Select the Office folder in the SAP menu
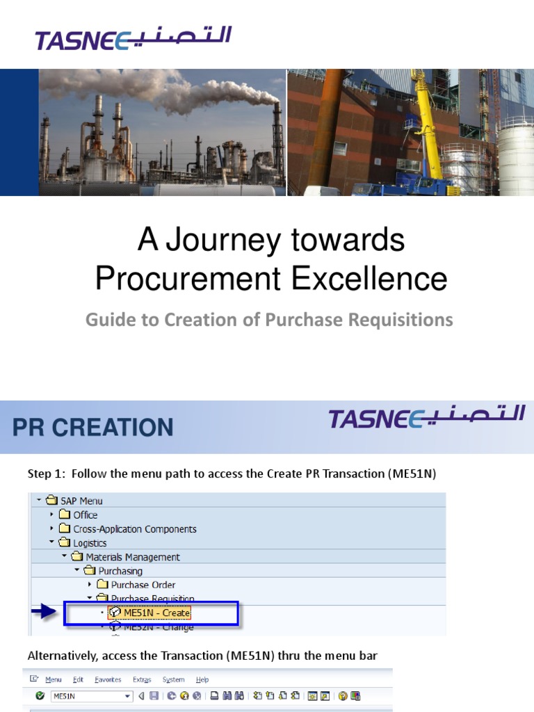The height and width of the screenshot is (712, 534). pyautogui.click(x=85, y=515)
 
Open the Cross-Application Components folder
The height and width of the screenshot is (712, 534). pyautogui.click(x=134, y=528)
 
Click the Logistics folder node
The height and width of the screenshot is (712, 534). pyautogui.click(x=90, y=543)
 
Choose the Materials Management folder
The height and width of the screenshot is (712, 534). pyautogui.click(x=132, y=557)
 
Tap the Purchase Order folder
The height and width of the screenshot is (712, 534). pyautogui.click(x=143, y=585)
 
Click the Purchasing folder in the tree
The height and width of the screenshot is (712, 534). pyautogui.click(x=120, y=571)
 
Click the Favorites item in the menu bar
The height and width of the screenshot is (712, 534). pyautogui.click(x=108, y=679)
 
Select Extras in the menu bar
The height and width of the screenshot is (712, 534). pyautogui.click(x=142, y=679)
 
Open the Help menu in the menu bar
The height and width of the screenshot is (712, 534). pyautogui.click(x=202, y=679)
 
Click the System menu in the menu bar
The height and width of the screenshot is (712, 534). pyautogui.click(x=174, y=679)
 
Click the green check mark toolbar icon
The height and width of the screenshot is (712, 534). pyautogui.click(x=40, y=696)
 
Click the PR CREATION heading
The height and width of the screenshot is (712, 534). pyautogui.click(x=93, y=427)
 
